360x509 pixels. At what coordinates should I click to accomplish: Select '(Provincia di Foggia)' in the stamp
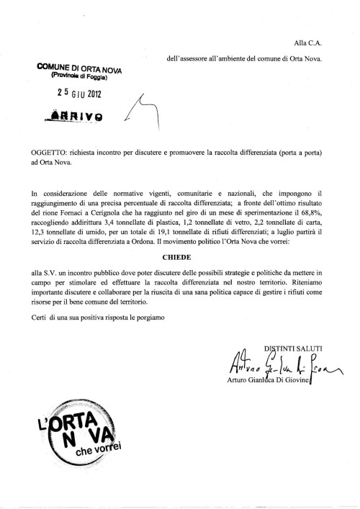tap(78, 77)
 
